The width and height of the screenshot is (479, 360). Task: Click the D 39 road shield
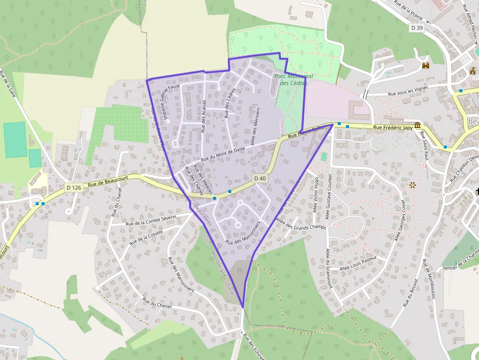pos(416,28)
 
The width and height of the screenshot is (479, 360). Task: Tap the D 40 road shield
pos(261,179)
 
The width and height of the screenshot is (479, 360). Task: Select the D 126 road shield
pos(73,188)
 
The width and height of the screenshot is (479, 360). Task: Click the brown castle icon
pos(425,65)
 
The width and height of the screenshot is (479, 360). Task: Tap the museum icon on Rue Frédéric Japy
pos(417,126)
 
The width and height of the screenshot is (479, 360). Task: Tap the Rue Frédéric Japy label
pos(392,128)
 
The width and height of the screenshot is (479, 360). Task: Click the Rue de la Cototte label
pos(146,238)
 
